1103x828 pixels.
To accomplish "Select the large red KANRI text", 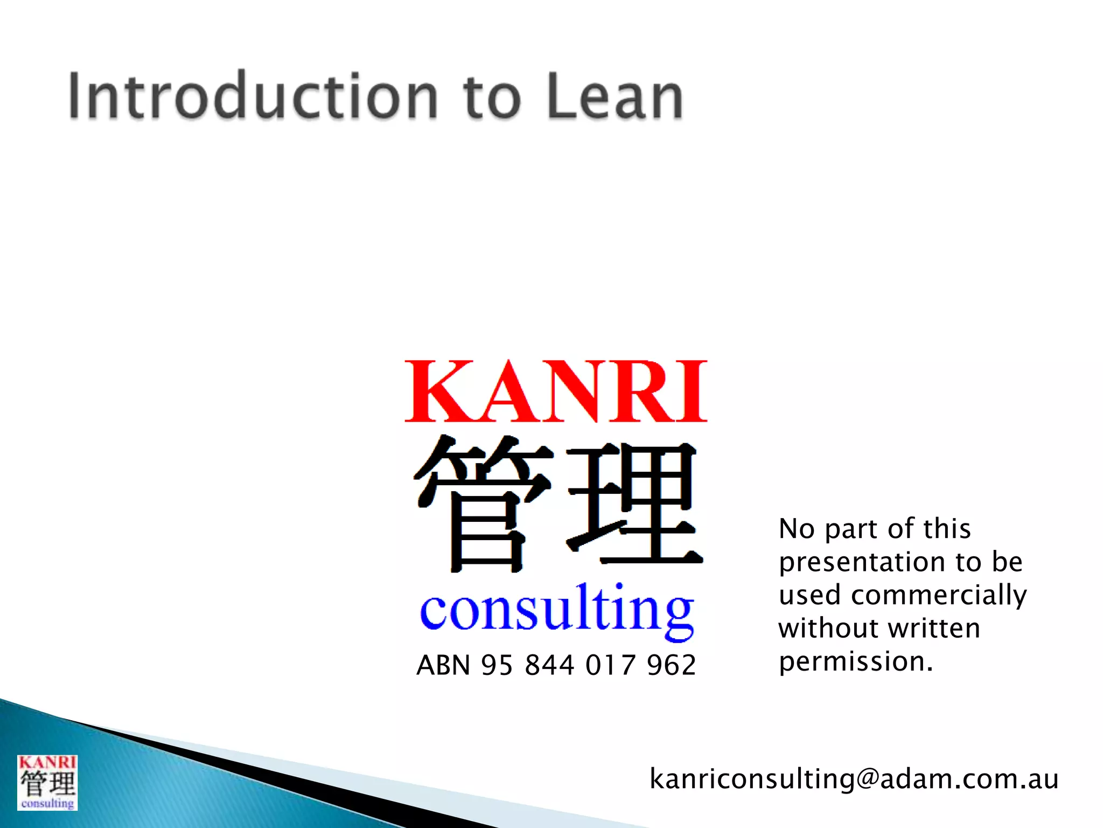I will point(555,392).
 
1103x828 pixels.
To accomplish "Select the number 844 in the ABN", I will point(549,665).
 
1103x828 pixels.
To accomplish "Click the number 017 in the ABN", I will point(610,665).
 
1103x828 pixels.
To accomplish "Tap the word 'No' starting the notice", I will point(797,529).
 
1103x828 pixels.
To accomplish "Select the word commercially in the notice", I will point(939,596).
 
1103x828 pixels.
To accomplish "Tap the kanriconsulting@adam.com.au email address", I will point(854,779).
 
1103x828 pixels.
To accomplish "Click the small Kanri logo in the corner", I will point(47,782).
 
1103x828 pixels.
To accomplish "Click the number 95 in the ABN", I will point(496,665).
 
